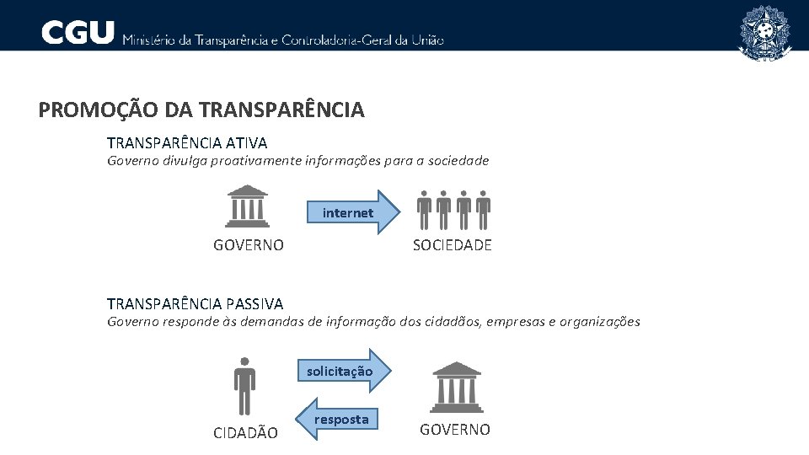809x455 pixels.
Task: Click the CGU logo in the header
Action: tap(78, 33)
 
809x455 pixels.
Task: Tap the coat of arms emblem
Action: tap(764, 32)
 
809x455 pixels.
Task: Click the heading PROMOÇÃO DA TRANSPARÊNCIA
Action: tap(201, 110)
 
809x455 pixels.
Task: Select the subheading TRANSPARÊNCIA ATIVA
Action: tap(187, 143)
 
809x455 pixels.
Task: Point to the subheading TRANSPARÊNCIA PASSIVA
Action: tap(195, 303)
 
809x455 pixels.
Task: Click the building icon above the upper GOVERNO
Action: tap(248, 207)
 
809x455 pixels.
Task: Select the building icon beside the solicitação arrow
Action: tap(456, 386)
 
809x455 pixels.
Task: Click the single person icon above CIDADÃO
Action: tap(244, 386)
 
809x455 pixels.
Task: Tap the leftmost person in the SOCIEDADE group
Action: tap(425, 210)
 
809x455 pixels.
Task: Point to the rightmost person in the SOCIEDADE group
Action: tap(483, 210)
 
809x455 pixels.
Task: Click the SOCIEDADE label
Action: tap(452, 245)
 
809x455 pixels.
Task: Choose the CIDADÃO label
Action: tap(245, 433)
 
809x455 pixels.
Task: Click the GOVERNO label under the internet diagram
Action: tap(249, 245)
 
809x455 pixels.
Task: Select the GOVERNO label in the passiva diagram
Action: tap(455, 430)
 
